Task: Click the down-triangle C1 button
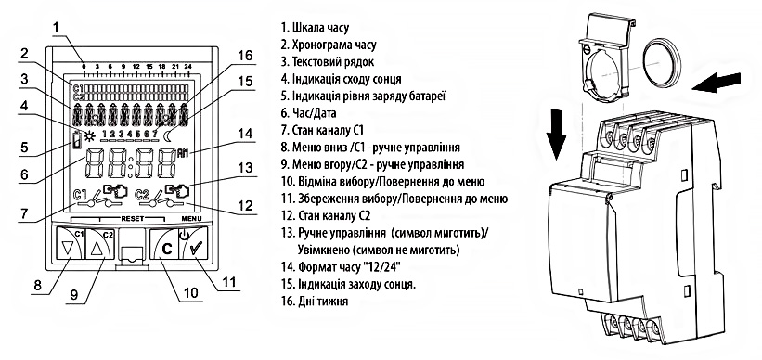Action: coord(68,245)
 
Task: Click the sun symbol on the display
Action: coord(89,135)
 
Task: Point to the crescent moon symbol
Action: coord(170,135)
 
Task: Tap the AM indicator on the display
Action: coord(183,152)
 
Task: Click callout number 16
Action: coord(245,56)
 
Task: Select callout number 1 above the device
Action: coord(58,28)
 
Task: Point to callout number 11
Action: coord(228,282)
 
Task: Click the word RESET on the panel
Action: coord(132,219)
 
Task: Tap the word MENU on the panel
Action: coord(191,219)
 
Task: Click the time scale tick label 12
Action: coord(136,66)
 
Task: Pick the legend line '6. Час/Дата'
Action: coord(308,113)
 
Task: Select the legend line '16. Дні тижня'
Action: coord(315,302)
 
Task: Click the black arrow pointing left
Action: coord(717,83)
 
